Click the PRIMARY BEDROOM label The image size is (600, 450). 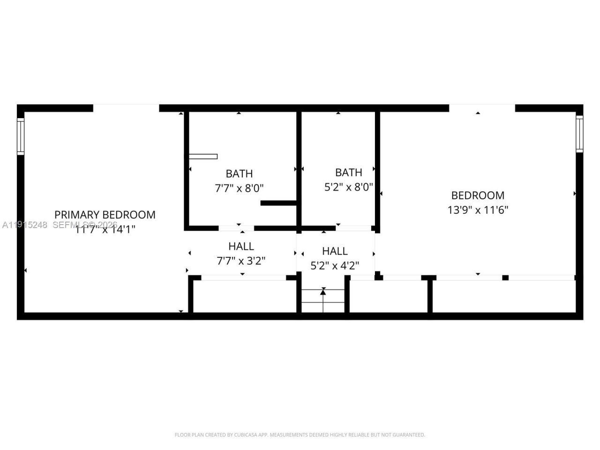(x=105, y=215)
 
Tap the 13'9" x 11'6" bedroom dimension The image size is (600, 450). (x=478, y=210)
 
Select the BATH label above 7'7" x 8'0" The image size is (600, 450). (x=239, y=174)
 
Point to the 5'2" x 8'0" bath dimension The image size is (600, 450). (x=349, y=187)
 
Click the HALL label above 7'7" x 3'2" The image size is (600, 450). (x=241, y=246)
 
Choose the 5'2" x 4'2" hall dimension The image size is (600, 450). (x=335, y=266)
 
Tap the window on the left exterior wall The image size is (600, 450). (x=21, y=136)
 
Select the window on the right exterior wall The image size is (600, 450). (x=579, y=134)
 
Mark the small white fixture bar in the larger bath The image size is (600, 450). (x=203, y=157)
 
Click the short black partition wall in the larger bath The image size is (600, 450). (x=278, y=203)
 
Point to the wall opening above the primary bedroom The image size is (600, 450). (x=126, y=108)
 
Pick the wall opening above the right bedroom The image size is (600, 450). (x=482, y=108)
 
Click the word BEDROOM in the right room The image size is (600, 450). (x=478, y=195)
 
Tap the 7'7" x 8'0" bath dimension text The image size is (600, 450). (x=239, y=188)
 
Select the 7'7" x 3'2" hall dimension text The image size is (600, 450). (x=241, y=261)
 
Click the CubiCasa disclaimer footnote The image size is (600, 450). (x=300, y=435)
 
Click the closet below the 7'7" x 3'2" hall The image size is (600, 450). (x=244, y=296)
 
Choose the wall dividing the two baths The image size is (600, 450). (x=299, y=169)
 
